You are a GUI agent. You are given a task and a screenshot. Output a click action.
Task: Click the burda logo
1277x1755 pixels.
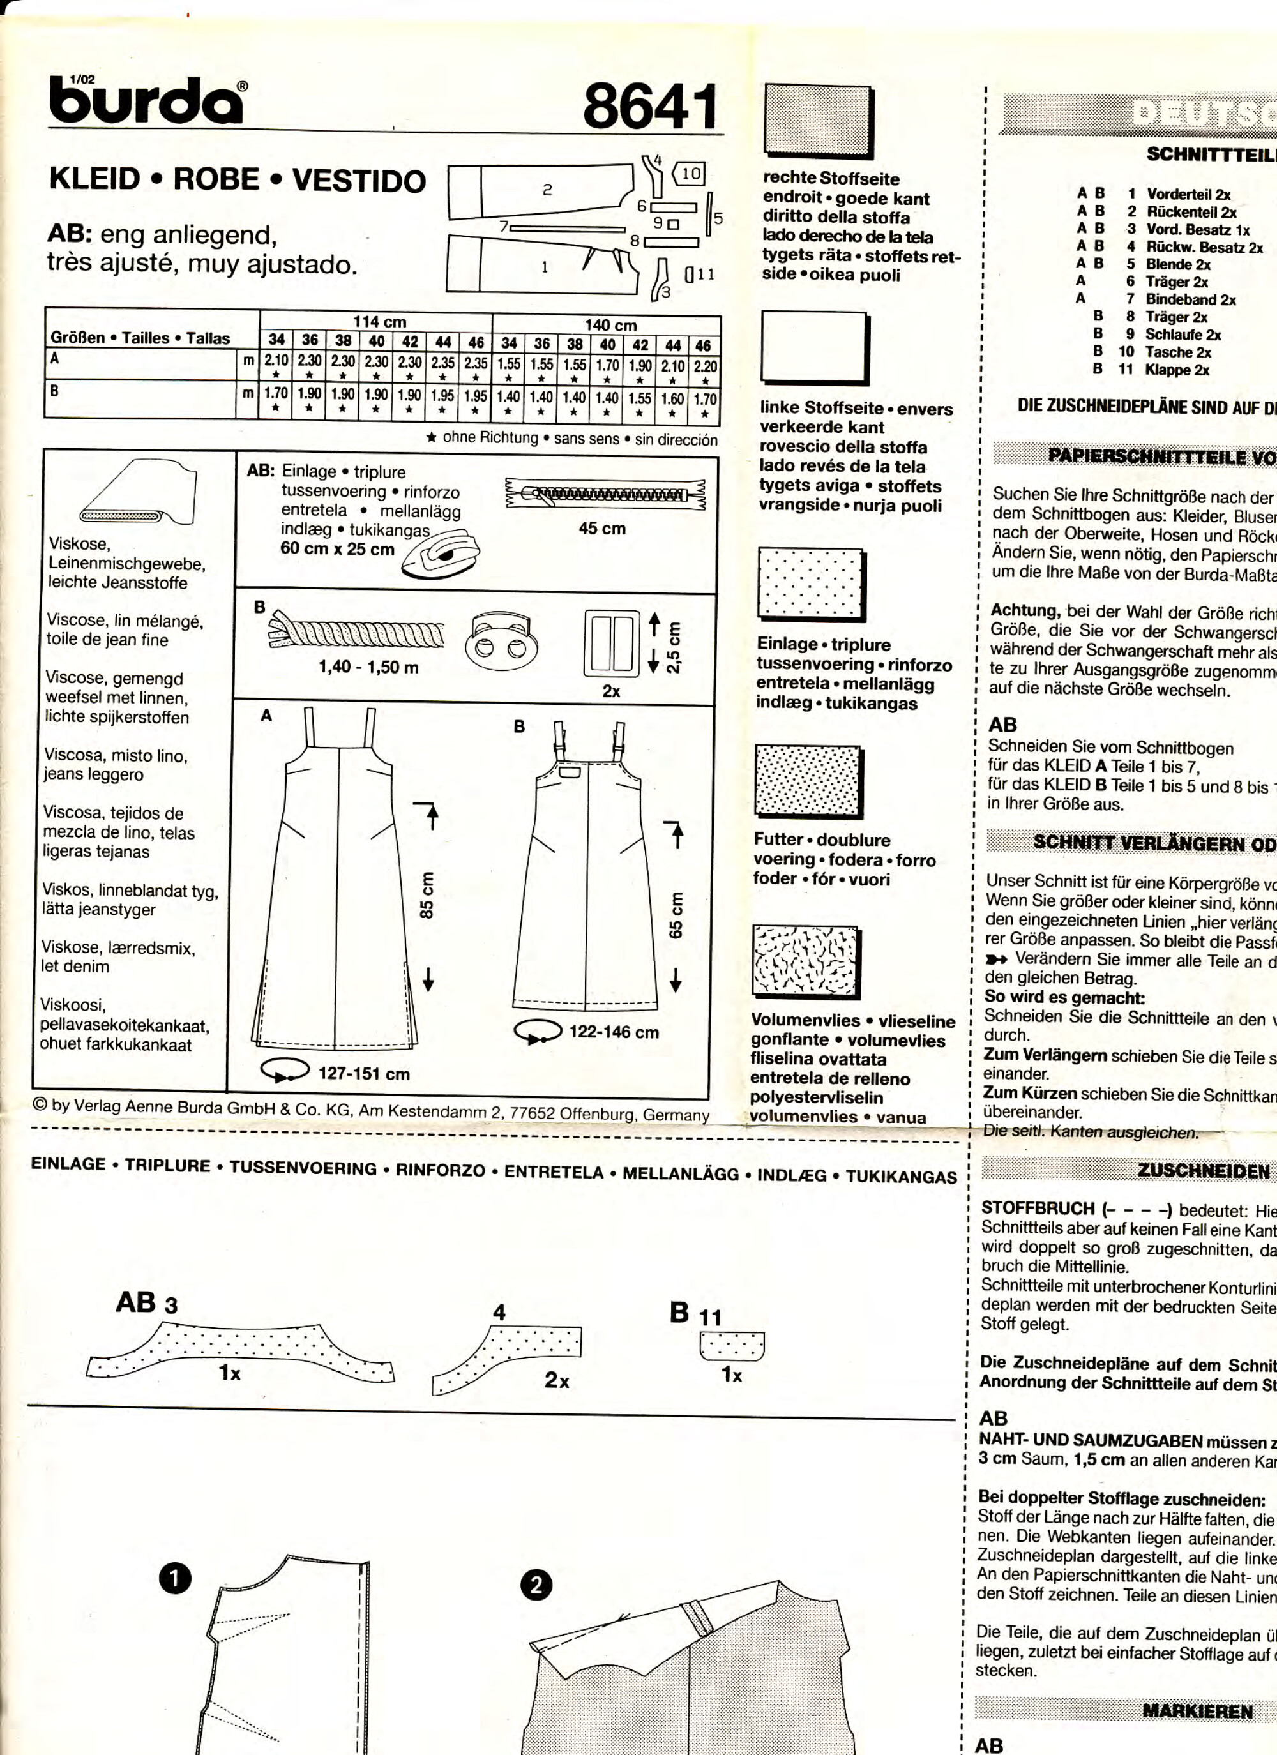point(147,101)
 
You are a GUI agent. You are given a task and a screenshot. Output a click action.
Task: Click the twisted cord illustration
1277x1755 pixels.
point(357,630)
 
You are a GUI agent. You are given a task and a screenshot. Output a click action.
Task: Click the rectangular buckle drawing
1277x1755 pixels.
point(612,642)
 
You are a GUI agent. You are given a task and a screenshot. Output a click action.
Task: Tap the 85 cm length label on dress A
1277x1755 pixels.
point(427,895)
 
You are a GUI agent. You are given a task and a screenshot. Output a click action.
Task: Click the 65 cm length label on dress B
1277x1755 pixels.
point(676,915)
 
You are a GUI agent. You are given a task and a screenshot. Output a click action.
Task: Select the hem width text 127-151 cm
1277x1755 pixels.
point(364,1073)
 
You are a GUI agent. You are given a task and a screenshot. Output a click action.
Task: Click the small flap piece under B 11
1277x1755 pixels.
point(731,1346)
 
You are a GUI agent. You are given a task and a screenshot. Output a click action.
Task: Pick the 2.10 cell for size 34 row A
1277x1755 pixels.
point(276,361)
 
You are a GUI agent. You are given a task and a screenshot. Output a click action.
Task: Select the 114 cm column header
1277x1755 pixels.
point(379,321)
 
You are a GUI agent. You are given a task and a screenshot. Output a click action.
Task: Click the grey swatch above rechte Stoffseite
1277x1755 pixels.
point(817,121)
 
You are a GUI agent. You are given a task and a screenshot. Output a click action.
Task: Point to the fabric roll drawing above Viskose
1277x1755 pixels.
point(139,492)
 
